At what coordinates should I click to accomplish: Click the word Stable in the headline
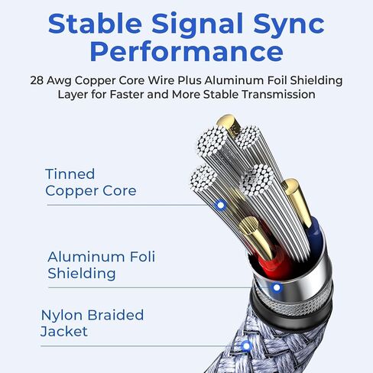coord(95,23)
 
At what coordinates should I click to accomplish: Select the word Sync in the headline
coord(289,25)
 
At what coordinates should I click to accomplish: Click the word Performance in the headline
coord(186,51)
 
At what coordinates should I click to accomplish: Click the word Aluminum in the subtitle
coord(234,80)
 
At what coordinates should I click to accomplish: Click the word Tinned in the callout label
coord(70,174)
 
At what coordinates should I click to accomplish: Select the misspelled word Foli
coord(142,256)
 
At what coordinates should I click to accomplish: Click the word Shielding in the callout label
coord(82,274)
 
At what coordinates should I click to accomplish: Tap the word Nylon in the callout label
coord(61,316)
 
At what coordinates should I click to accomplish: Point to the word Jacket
coord(64,332)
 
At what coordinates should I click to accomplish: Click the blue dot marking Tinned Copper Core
coord(221,205)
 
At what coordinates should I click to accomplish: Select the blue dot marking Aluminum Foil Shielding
coord(277,287)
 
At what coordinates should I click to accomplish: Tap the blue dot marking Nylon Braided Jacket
coord(246,346)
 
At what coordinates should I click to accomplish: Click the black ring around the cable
coord(290,312)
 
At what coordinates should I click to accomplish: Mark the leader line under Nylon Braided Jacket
coord(141,346)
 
